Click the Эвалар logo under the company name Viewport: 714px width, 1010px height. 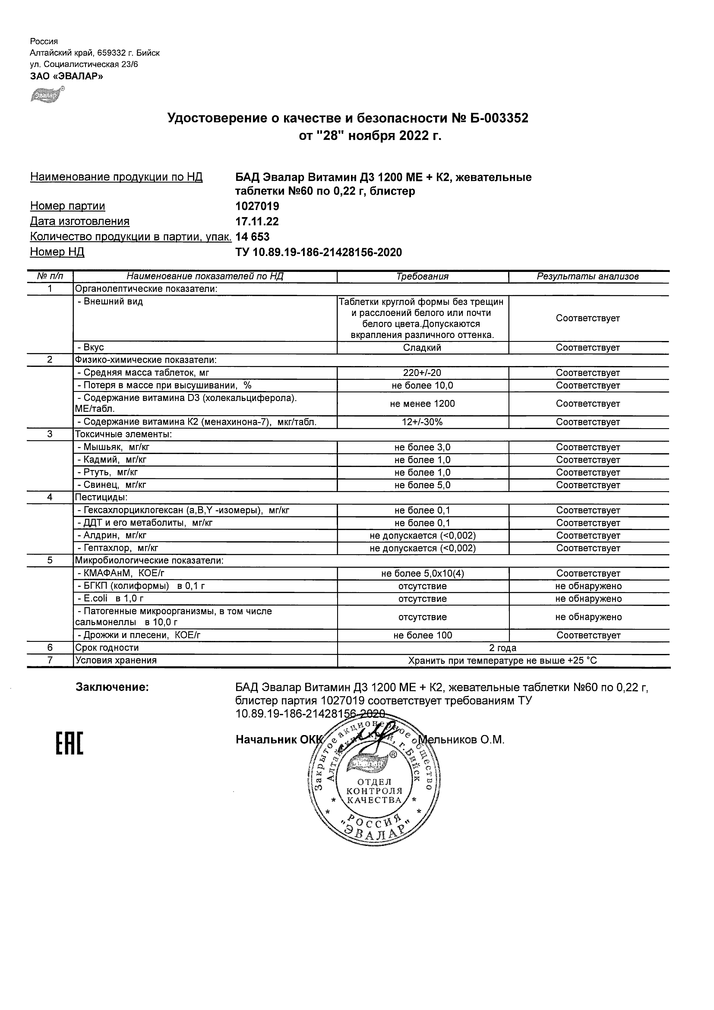[47, 94]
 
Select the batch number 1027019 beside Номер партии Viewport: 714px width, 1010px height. [257, 206]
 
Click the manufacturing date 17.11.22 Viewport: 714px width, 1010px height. [257, 221]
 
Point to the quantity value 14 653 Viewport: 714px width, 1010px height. [253, 237]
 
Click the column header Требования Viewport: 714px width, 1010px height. [422, 277]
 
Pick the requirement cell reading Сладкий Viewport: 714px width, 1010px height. [422, 347]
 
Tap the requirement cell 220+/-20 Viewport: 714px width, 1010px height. [422, 373]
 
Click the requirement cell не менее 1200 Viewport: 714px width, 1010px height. [422, 404]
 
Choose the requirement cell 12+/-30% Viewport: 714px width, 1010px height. [422, 422]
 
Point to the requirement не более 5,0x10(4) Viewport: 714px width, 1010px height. [422, 574]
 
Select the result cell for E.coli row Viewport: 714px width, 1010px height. [588, 599]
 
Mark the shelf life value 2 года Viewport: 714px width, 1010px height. [503, 647]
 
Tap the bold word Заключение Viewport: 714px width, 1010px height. [112, 687]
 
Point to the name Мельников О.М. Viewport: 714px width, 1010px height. [462, 740]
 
